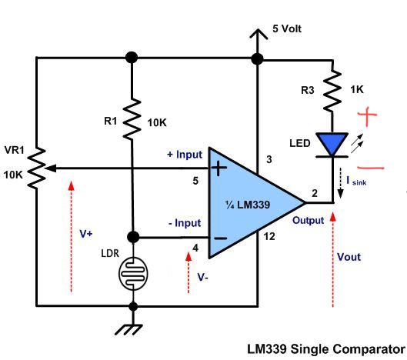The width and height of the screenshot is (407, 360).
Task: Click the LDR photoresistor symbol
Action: coord(133,273)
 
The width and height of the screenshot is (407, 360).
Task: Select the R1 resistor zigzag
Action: coord(132,118)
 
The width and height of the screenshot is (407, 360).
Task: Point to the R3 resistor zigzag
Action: coord(332,90)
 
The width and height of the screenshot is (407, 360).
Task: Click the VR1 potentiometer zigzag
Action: coord(37,168)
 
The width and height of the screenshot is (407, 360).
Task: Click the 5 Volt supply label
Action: coord(287,28)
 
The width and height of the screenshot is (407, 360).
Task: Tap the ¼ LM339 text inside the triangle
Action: coord(248,205)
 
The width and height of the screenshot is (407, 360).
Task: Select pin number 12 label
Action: coord(269,236)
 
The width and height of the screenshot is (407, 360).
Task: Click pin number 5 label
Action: coord(195,181)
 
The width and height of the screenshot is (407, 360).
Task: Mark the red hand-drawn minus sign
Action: coord(370,168)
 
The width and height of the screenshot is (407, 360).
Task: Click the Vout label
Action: coord(349,257)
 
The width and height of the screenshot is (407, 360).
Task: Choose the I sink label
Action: coord(356,181)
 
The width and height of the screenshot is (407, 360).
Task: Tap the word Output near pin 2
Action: coord(308,220)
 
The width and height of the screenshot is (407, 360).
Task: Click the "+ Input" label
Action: coord(185,155)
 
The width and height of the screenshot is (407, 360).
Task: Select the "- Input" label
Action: coord(185,223)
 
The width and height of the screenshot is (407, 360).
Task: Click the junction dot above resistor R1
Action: coord(132,58)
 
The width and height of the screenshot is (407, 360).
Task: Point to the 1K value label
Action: coord(357,90)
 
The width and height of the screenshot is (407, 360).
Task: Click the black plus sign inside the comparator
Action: coord(219,168)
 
